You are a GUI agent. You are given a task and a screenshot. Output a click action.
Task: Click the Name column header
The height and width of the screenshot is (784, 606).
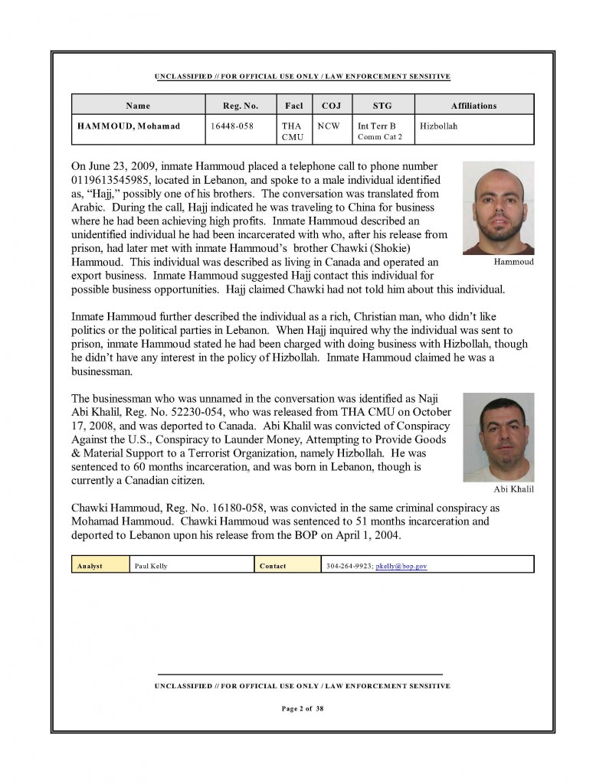pos(138,106)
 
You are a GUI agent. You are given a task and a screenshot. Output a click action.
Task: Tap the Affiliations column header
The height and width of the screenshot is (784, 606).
pos(474,106)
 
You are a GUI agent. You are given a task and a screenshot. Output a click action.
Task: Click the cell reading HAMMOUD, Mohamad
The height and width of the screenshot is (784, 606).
pos(129,126)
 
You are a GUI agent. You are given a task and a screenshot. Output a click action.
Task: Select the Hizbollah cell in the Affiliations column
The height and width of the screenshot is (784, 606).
pos(438,126)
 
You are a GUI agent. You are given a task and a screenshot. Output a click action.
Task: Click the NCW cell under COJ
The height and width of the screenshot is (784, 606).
pos(329,126)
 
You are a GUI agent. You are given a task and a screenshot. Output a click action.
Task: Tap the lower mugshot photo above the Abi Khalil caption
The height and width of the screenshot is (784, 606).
pos(498,437)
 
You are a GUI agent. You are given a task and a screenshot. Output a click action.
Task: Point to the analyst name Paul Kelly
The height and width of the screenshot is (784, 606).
pos(151,566)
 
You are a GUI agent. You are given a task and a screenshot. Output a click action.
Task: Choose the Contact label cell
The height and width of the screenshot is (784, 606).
pos(273,566)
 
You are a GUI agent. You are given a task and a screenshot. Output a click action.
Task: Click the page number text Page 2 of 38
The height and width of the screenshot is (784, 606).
pos(303,709)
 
